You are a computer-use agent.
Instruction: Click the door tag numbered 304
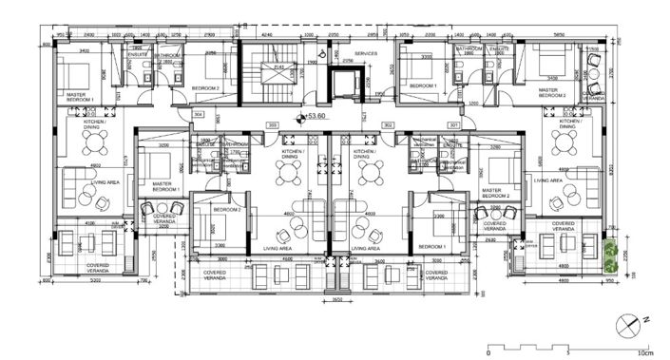(x=199, y=114)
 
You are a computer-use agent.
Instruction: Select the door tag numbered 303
(x=272, y=124)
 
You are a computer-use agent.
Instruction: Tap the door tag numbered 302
(x=387, y=124)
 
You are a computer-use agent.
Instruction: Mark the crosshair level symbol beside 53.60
(x=300, y=119)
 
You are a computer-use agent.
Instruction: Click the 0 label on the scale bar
(x=488, y=352)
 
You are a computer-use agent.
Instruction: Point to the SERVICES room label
(x=366, y=53)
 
